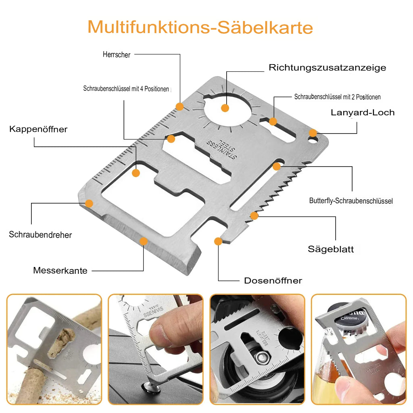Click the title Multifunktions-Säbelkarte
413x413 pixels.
pyautogui.click(x=200, y=27)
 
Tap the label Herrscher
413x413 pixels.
pyautogui.click(x=117, y=55)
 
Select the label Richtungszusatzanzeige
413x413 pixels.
pyautogui.click(x=327, y=68)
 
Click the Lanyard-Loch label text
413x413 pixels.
pyautogui.click(x=362, y=113)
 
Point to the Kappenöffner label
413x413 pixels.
pyautogui.click(x=38, y=129)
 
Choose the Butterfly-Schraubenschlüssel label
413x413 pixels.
pyautogui.click(x=350, y=200)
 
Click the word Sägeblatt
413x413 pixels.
pyautogui.click(x=330, y=249)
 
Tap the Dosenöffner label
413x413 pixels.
pyautogui.click(x=273, y=281)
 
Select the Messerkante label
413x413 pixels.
pyautogui.click(x=60, y=271)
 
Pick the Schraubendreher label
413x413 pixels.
pyautogui.click(x=40, y=234)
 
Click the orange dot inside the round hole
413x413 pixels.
pyautogui.click(x=225, y=108)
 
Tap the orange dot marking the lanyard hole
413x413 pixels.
pyautogui.click(x=313, y=133)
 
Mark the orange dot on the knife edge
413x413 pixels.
pyautogui.click(x=143, y=241)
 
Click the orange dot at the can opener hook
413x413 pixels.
pyautogui.click(x=218, y=241)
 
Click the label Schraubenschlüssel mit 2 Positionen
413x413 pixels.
pyautogui.click(x=337, y=97)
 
